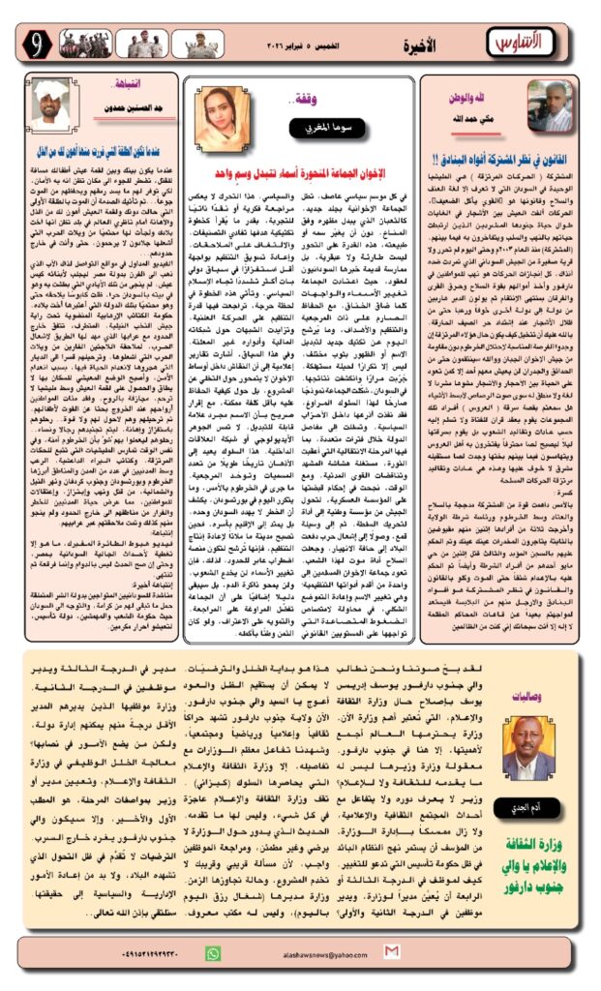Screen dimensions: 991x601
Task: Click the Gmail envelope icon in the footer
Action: (x=391, y=952)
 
